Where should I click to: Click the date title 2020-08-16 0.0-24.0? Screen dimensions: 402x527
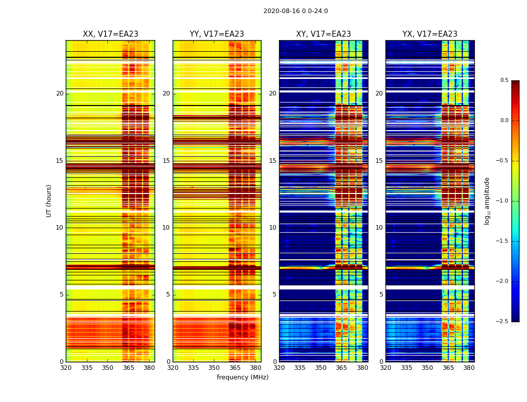(x=296, y=11)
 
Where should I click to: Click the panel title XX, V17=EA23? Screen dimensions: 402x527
(x=110, y=34)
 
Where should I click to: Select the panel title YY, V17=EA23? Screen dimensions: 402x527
(x=217, y=34)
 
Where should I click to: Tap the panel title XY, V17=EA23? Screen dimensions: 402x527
(x=323, y=34)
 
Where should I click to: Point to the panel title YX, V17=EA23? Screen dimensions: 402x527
(x=430, y=34)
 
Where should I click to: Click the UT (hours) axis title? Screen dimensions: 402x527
(x=49, y=200)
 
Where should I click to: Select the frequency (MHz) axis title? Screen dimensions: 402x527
(x=242, y=377)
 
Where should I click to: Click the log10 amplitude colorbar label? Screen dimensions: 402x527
(x=487, y=200)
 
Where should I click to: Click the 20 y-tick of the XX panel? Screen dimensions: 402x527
(x=60, y=93)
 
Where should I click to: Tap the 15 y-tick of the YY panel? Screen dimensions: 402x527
(x=167, y=161)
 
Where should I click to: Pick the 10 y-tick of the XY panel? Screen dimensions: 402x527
(x=273, y=228)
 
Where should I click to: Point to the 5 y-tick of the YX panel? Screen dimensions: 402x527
(x=381, y=294)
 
